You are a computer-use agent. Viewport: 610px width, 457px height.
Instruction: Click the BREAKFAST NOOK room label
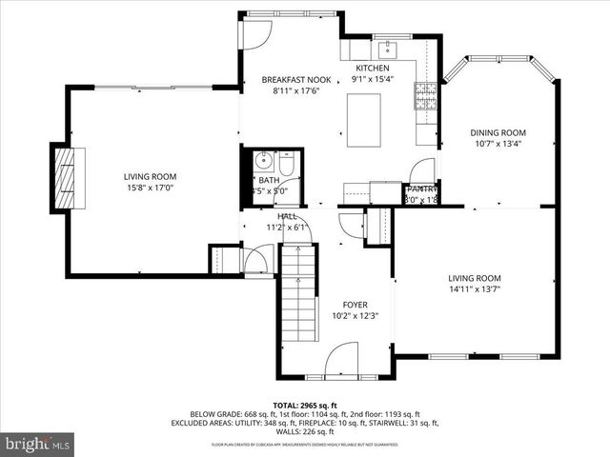(x=295, y=80)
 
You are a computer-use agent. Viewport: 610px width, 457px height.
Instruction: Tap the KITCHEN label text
(x=373, y=69)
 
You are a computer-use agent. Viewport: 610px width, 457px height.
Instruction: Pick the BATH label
(x=269, y=180)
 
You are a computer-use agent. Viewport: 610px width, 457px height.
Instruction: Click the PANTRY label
(x=420, y=189)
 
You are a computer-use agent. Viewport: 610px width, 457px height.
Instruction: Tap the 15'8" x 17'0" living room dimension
(x=150, y=188)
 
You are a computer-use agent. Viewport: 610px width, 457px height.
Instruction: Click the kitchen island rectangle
(x=363, y=121)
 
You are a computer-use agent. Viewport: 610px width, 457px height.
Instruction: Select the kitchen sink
(x=391, y=50)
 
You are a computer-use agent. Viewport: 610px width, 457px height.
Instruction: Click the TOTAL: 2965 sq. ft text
(x=304, y=405)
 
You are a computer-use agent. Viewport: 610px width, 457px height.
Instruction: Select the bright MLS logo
(x=38, y=444)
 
